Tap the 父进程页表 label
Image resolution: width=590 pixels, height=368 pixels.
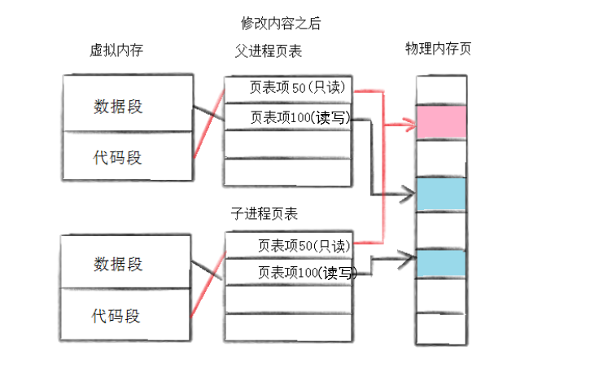[268, 50]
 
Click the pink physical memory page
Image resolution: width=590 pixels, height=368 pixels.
[440, 121]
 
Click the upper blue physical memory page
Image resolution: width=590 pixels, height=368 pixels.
[440, 194]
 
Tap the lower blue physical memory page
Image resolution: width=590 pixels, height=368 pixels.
[440, 263]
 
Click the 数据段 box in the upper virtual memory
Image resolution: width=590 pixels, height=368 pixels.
[118, 106]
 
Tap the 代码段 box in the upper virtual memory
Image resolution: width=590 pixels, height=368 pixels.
[118, 157]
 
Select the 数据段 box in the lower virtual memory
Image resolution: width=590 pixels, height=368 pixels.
[118, 264]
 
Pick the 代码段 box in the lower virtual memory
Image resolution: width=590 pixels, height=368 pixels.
[118, 315]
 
